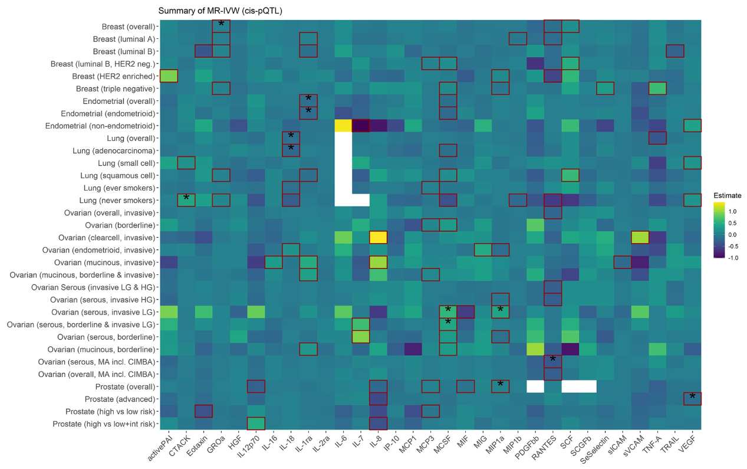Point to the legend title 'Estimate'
point(727,195)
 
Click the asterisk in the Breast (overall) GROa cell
point(221,24)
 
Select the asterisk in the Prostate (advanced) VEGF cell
point(692,397)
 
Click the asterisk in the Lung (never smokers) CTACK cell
point(186,198)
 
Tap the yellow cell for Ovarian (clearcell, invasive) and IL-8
point(378,238)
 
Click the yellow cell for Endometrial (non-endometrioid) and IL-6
point(343,126)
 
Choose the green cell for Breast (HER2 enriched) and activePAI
point(169,76)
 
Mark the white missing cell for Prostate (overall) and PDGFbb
point(535,386)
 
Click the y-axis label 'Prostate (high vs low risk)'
point(104,411)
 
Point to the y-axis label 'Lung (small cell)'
point(127,163)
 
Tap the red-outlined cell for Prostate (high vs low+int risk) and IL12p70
point(256,424)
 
